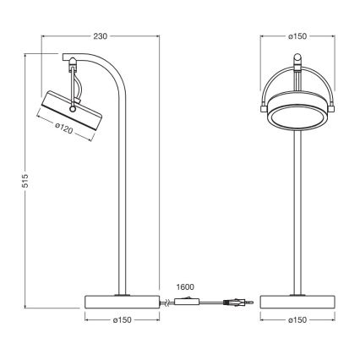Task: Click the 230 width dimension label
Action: pos(100,36)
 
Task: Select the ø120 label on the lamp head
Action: pos(67,127)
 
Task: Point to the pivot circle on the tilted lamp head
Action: pos(75,108)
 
